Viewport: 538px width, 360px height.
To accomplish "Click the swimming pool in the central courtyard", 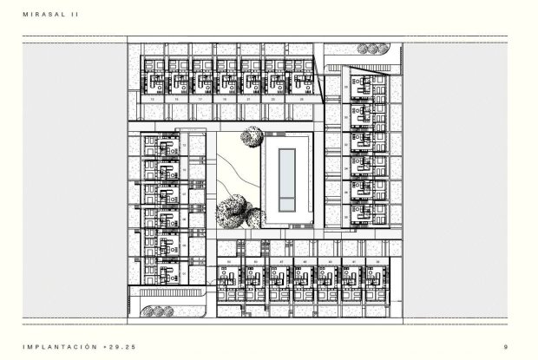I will (x=285, y=181).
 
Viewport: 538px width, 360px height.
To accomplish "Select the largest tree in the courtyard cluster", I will (x=232, y=211).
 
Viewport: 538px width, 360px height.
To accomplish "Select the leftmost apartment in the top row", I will (x=155, y=82).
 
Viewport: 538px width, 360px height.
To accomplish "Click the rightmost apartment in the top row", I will (x=305, y=82).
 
